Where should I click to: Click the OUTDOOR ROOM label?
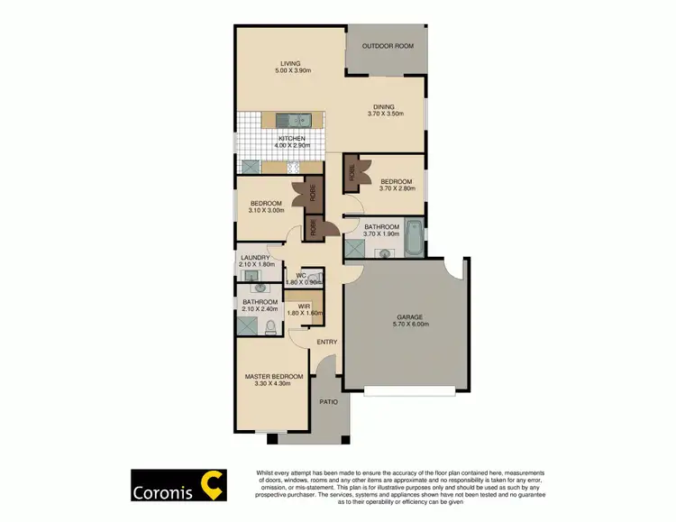pyautogui.click(x=387, y=46)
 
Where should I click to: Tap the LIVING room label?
pyautogui.click(x=289, y=64)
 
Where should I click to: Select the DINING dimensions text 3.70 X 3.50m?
pyautogui.click(x=386, y=114)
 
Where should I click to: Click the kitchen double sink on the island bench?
pyautogui.click(x=292, y=119)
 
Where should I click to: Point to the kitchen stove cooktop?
pyautogui.click(x=292, y=168)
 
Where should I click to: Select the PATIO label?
pyautogui.click(x=330, y=401)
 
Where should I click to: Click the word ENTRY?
pyautogui.click(x=326, y=342)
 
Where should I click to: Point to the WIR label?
pyautogui.click(x=304, y=307)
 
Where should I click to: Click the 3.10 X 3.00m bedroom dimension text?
pyautogui.click(x=267, y=210)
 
